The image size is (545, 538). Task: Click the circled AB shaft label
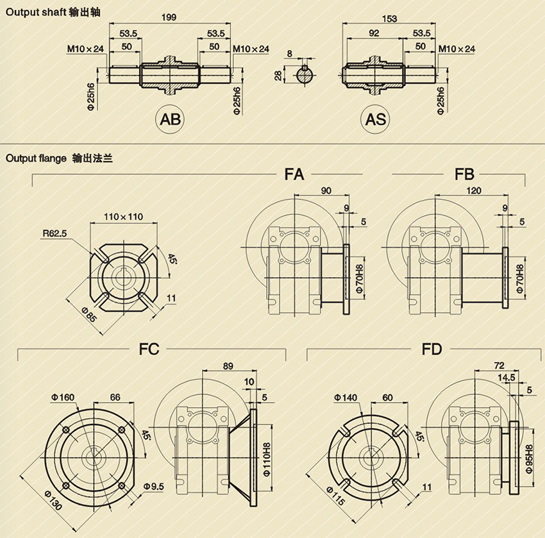coord(170,119)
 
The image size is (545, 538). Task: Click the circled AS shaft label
coord(375,119)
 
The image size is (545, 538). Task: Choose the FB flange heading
coord(466,174)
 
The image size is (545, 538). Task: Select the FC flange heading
coord(148,349)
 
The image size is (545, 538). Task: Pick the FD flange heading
coord(432,349)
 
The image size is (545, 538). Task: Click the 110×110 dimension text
coord(124,217)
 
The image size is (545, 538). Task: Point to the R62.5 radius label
coord(55,234)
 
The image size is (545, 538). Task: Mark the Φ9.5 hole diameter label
coord(154,486)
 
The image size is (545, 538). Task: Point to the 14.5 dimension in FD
coord(506,378)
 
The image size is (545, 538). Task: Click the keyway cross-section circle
coord(305,75)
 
